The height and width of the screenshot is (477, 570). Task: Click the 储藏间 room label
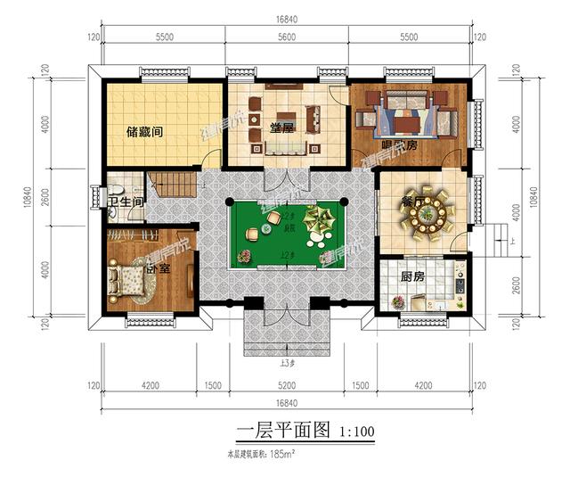[x=144, y=132]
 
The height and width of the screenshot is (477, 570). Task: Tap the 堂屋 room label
[x=283, y=127]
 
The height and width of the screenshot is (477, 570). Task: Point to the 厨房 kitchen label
[x=411, y=278]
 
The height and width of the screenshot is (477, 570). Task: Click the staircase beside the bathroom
[x=174, y=185]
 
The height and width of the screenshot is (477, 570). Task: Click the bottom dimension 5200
[x=286, y=386]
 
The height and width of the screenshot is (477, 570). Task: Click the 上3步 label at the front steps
[x=287, y=361]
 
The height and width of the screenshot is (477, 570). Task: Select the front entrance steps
[x=287, y=334]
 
